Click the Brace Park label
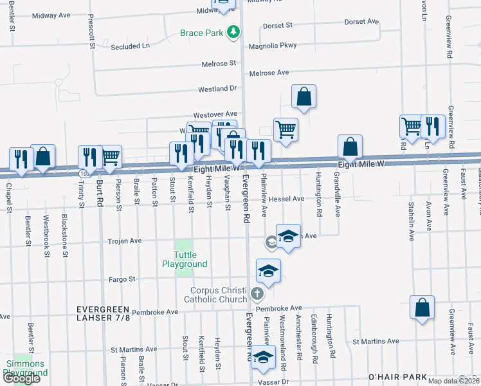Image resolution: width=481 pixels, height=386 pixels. tap(201, 33)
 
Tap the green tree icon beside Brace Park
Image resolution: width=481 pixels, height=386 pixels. tap(235, 32)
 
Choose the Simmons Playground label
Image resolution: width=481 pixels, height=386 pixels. tap(25, 368)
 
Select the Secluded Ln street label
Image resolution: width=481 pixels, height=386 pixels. tap(130, 46)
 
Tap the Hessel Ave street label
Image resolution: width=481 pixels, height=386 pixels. tap(287, 199)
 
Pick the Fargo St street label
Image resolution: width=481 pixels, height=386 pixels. tap(122, 279)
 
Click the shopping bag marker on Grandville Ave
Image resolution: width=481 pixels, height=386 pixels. tap(349, 147)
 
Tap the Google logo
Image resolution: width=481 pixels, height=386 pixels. tap(22, 378)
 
